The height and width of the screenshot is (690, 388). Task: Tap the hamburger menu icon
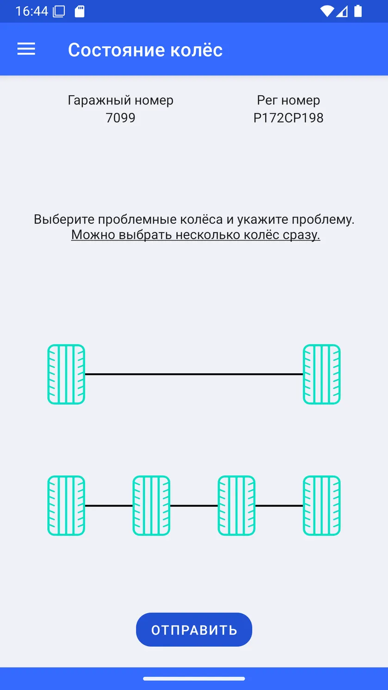tap(26, 49)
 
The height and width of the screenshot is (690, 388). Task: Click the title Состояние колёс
tap(145, 49)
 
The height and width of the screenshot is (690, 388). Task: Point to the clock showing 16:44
tap(32, 12)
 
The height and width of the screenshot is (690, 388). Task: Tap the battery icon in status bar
tap(358, 11)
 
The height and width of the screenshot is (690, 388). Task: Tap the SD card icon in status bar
tap(80, 12)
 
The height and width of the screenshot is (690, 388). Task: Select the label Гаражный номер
tap(120, 100)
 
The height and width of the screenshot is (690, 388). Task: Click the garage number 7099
tap(120, 117)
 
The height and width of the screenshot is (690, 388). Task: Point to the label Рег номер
tap(289, 100)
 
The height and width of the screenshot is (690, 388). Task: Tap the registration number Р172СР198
tap(289, 117)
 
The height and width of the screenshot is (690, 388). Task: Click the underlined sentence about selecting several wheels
tap(196, 235)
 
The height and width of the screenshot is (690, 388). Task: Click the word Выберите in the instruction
tap(64, 219)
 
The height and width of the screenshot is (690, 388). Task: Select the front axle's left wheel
tap(66, 374)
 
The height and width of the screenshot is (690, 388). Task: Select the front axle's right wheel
tap(322, 374)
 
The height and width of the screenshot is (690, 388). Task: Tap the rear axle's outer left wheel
tap(66, 505)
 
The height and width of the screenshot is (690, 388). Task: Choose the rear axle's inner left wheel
tap(151, 505)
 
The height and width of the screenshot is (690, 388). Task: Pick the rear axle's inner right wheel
tap(236, 505)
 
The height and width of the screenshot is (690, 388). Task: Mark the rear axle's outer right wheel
tap(322, 505)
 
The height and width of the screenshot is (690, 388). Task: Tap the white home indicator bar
tap(194, 678)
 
